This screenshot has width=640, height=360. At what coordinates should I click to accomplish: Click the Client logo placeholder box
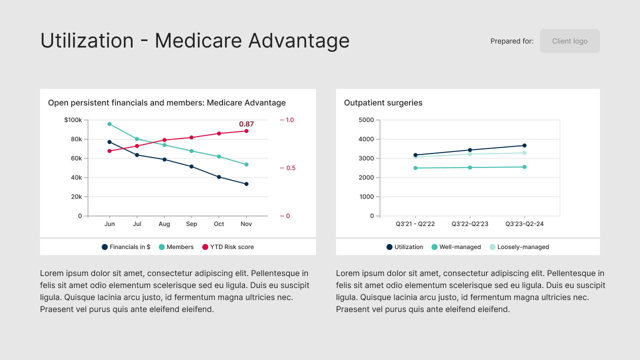click(569, 41)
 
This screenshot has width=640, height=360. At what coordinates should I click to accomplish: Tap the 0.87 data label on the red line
click(246, 124)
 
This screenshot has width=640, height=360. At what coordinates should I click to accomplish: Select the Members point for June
click(109, 124)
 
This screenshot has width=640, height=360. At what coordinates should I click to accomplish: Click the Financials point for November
click(246, 184)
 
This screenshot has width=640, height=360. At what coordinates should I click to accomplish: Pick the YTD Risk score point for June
click(109, 151)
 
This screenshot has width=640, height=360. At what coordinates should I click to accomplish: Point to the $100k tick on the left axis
click(73, 120)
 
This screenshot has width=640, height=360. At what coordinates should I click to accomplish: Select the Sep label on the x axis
click(191, 224)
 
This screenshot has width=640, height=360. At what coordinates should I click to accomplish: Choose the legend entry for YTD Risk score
click(228, 247)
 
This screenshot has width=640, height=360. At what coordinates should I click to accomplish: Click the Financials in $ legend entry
click(126, 247)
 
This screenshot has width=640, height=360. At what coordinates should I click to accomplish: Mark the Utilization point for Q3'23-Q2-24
click(524, 145)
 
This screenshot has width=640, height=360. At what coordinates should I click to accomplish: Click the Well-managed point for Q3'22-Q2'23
click(470, 167)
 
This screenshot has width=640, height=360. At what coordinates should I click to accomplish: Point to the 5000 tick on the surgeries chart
click(366, 120)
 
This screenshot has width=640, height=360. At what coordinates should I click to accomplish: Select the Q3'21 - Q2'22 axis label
click(415, 224)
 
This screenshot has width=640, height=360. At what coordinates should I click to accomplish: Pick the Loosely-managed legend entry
click(519, 247)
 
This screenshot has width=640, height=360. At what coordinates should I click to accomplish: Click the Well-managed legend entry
click(456, 247)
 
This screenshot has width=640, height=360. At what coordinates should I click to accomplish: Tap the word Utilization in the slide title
click(86, 40)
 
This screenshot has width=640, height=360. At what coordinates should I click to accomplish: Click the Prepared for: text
click(511, 41)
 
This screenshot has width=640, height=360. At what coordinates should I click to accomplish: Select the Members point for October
click(219, 156)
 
